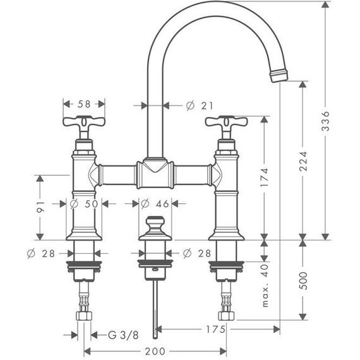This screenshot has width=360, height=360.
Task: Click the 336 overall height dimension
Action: pos(325,121)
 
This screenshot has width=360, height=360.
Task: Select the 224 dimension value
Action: pos(303,161)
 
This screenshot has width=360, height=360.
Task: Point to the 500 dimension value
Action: pos(303,280)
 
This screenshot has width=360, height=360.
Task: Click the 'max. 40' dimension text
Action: pos(265,285)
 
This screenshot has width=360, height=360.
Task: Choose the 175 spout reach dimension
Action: pos(215,330)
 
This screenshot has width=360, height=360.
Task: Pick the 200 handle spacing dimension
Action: pos(155,351)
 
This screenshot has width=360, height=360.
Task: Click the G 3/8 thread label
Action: pos(123,335)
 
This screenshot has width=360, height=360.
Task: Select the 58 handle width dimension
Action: pos(84,104)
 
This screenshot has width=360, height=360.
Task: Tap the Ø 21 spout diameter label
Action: pos(200,105)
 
